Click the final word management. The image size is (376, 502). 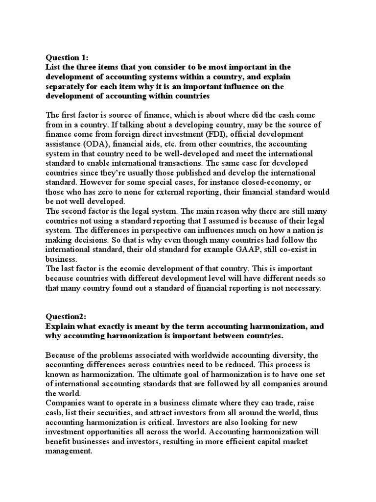point(68,451)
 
